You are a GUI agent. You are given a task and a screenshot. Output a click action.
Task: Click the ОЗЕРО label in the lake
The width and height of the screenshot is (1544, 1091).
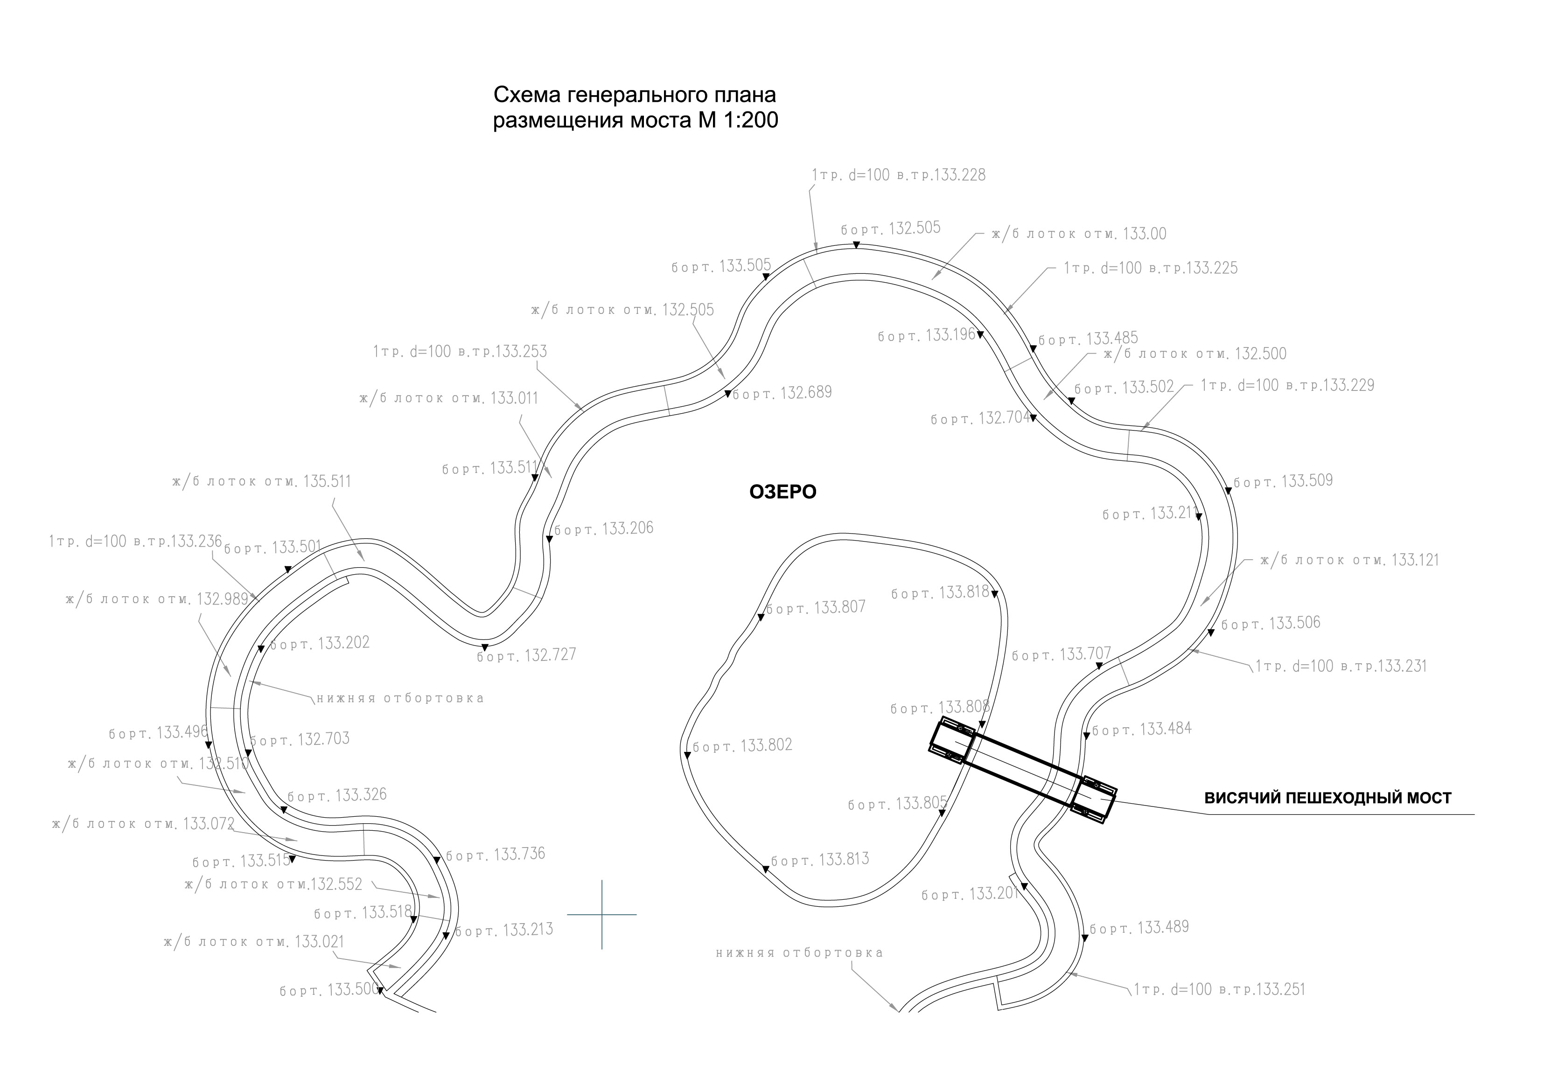[783, 492]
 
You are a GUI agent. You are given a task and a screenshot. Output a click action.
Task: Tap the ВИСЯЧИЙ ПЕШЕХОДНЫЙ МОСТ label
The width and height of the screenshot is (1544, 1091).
[1327, 798]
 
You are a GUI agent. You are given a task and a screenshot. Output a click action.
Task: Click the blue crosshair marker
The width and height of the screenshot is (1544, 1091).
[602, 914]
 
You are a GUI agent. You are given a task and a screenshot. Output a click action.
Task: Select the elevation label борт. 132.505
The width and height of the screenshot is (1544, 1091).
[890, 229]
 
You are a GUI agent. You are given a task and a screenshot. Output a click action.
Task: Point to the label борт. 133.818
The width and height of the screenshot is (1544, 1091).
[940, 593]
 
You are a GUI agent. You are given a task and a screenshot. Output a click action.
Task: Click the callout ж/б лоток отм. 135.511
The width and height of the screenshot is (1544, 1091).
[262, 482]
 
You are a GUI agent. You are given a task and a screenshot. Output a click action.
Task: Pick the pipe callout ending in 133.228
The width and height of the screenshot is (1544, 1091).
[898, 175]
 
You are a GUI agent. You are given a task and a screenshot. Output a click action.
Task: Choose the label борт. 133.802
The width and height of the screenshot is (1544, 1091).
[742, 745]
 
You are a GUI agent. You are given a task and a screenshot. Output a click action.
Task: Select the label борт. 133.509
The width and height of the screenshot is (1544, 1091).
[1283, 481]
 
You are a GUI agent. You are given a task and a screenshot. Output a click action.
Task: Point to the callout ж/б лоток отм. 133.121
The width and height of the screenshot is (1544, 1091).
[1349, 561]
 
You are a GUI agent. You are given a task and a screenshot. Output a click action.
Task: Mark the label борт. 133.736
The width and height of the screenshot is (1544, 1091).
[496, 855]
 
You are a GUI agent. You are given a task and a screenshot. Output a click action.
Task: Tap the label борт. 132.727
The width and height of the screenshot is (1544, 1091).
[526, 655]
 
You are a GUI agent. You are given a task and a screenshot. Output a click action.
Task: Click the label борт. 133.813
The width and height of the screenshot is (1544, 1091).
[820, 860]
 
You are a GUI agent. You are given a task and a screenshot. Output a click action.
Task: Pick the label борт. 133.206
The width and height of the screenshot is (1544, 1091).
[603, 529]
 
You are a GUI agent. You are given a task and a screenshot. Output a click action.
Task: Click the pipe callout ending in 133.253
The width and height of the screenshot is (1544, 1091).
[460, 352]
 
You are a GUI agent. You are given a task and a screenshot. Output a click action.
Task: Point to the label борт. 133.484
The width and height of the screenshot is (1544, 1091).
[1142, 729]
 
